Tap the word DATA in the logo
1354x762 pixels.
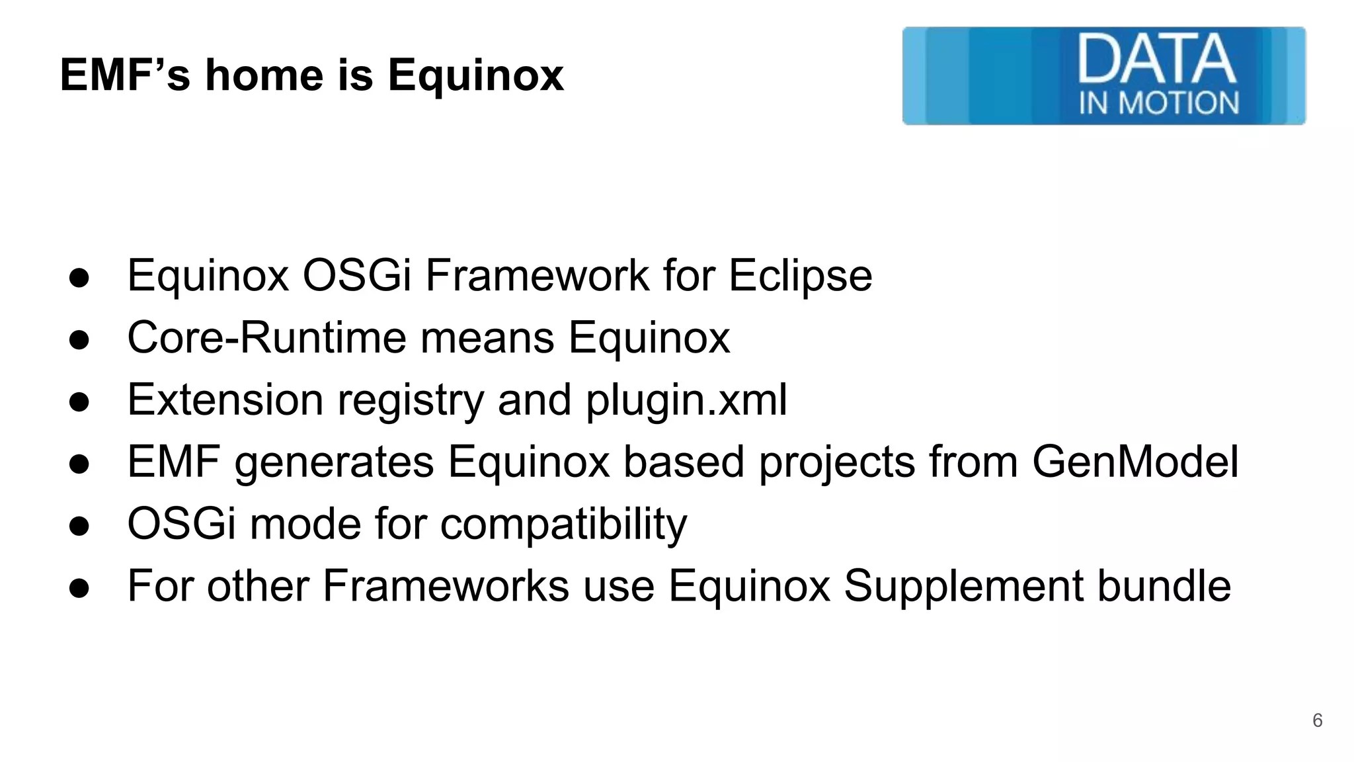[x=1156, y=60]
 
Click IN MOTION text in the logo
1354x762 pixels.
[x=1159, y=103]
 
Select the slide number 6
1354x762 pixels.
[x=1317, y=720]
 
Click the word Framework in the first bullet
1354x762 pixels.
[x=537, y=275]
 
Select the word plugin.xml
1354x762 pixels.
[x=686, y=400]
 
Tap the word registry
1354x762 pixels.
[x=411, y=401]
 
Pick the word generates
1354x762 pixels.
[x=334, y=463]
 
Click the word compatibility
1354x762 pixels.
[x=563, y=525]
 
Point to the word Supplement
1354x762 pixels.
[x=963, y=586]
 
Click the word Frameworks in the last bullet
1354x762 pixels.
[x=446, y=585]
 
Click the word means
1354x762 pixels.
[x=487, y=337]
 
